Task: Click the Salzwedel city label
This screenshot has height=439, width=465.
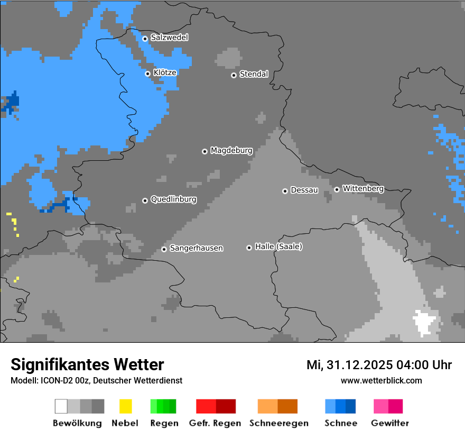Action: [x=169, y=38]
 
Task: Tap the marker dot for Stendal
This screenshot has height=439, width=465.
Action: [x=234, y=75]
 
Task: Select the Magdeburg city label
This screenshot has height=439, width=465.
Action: [x=231, y=151]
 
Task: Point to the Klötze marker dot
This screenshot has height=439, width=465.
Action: [x=148, y=74]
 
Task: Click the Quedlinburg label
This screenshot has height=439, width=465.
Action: [x=173, y=199]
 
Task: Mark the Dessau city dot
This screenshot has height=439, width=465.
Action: [x=285, y=191]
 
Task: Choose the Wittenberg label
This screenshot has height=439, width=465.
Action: [x=363, y=189]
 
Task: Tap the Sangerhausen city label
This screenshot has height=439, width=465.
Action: [x=196, y=248]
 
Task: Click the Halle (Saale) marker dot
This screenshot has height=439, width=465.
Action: [x=249, y=248]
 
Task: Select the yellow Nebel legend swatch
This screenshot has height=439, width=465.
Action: [x=125, y=406]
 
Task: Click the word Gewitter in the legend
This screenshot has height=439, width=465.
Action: [x=389, y=423]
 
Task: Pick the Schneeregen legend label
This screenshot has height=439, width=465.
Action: [x=278, y=423]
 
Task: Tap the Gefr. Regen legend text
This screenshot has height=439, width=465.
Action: [x=215, y=423]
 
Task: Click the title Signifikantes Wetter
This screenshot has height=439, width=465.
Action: [x=87, y=364]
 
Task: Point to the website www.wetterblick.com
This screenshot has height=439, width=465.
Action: [x=382, y=380]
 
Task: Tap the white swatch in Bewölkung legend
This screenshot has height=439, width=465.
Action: [x=61, y=406]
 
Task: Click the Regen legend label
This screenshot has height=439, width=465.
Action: [x=164, y=423]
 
